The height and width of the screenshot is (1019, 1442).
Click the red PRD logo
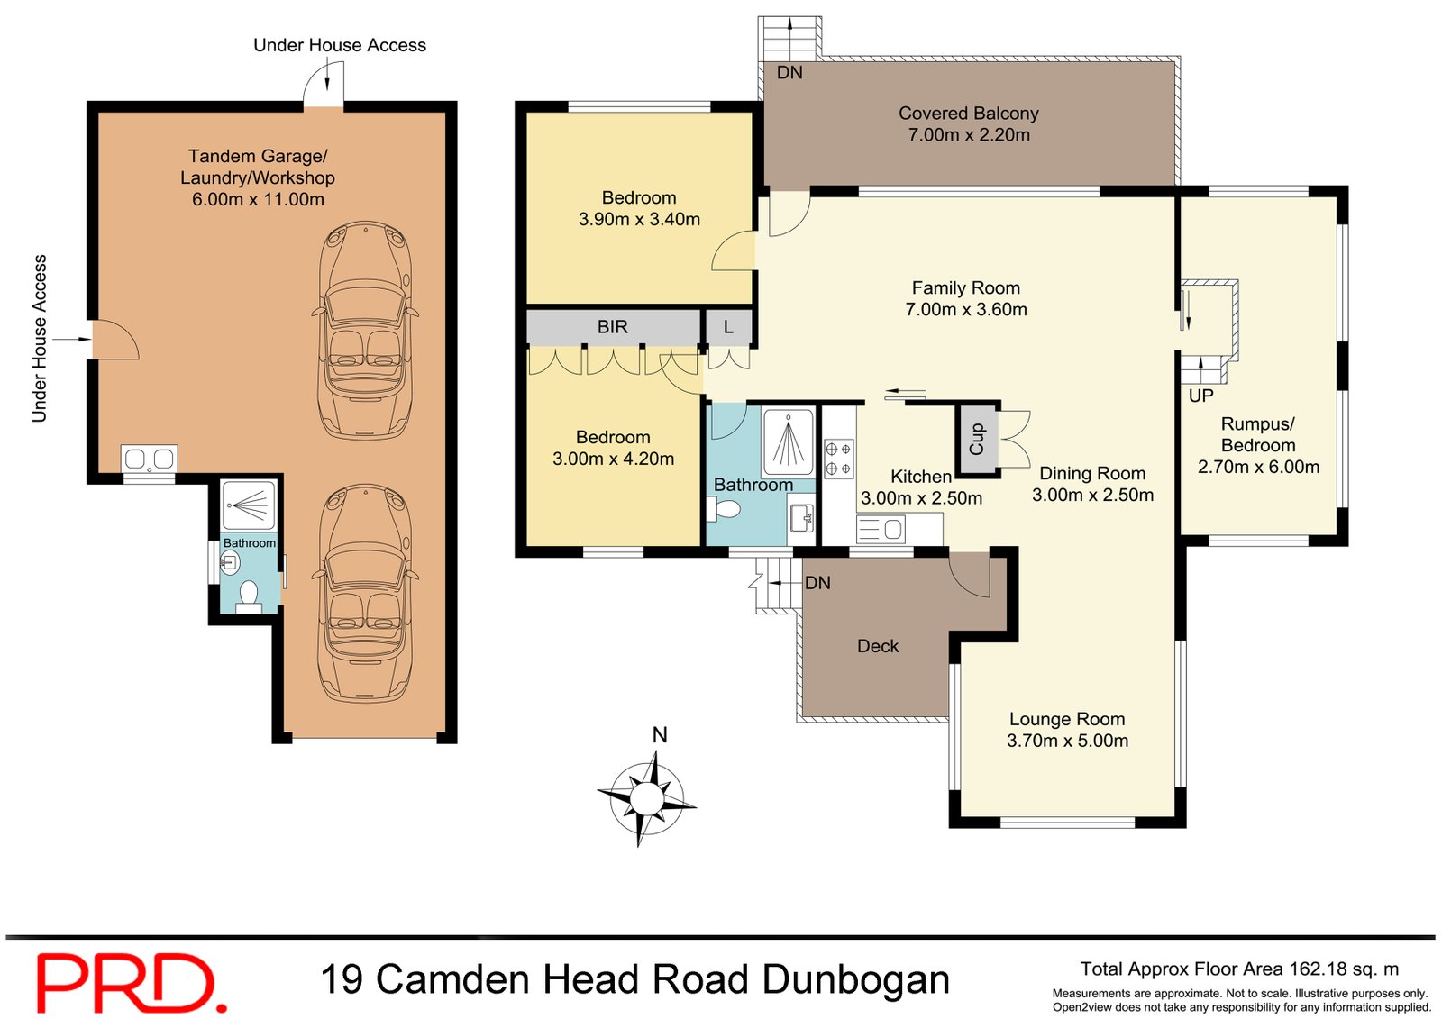131,983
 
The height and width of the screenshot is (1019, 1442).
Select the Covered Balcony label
968,114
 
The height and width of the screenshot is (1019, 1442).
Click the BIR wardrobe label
612,327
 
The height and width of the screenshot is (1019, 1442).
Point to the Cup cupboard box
977,440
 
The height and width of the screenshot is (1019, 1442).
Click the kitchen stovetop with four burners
838,458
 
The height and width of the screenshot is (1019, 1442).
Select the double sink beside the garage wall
149,459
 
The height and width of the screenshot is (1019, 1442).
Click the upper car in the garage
366,330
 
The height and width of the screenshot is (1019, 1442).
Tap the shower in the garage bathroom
249,505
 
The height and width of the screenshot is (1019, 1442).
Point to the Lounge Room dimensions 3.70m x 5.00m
1067,741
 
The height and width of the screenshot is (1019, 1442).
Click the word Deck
878,646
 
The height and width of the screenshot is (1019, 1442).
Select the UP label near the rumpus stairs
1200,396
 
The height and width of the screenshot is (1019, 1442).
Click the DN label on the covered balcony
789,73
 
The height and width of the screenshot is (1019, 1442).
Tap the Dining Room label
1092,473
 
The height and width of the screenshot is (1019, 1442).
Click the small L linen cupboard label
728,327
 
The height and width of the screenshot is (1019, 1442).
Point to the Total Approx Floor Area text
1239,969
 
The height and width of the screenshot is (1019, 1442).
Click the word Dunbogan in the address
855,979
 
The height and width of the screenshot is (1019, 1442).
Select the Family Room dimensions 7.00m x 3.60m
966,309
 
